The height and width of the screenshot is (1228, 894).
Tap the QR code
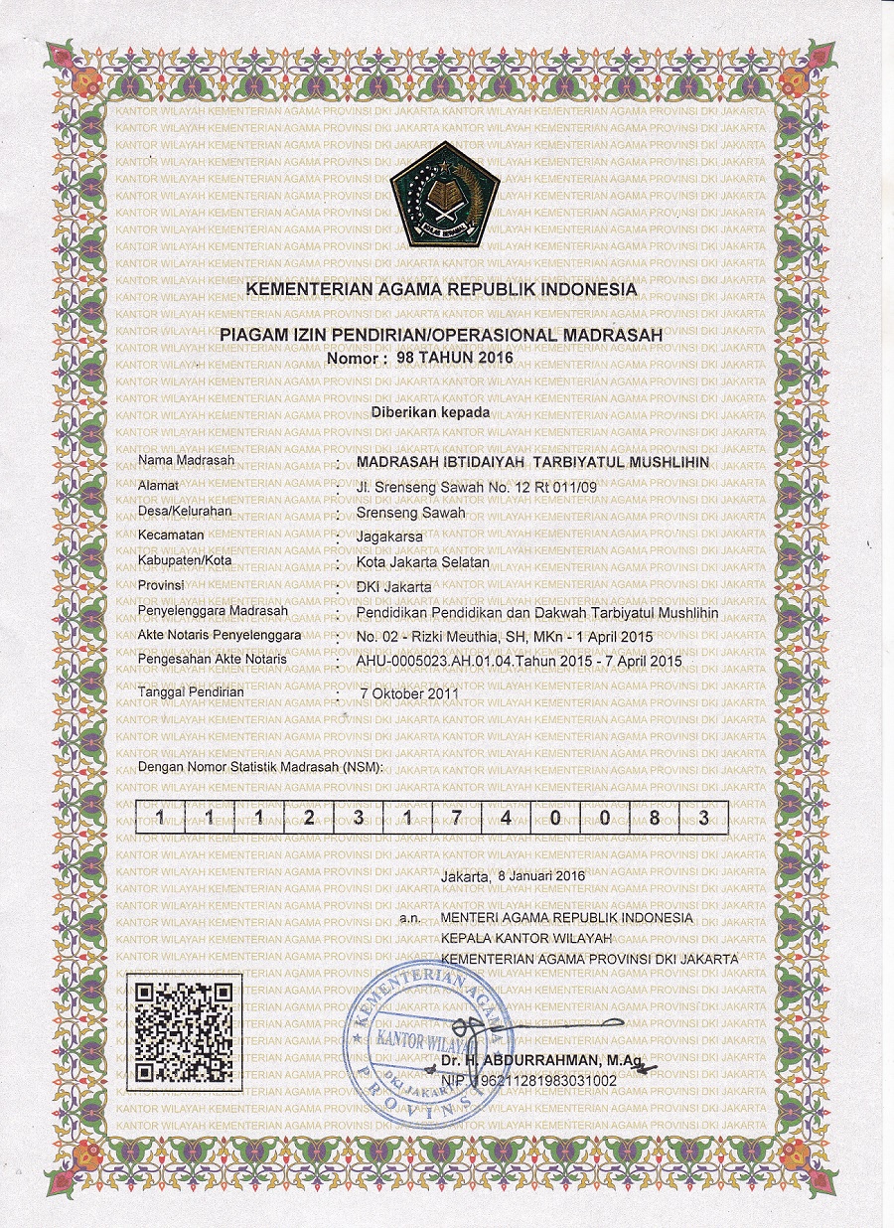tap(185, 1029)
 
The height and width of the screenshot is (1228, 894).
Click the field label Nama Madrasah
tap(187, 461)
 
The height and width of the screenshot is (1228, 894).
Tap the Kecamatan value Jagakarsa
tap(389, 537)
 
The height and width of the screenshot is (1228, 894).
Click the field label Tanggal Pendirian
tap(192, 691)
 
